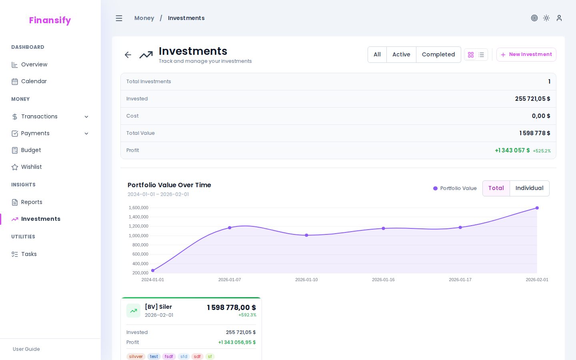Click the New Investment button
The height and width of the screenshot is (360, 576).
[526, 54]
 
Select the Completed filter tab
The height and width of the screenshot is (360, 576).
[438, 54]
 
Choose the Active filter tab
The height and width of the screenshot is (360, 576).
[401, 54]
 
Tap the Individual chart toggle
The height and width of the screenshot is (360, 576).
[529, 188]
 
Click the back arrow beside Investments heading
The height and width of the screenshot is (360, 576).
[128, 55]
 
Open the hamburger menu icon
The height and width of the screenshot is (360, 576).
[119, 18]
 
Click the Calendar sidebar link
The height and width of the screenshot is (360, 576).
[34, 81]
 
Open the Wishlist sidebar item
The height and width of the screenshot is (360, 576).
[31, 167]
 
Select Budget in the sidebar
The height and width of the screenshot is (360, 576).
[31, 150]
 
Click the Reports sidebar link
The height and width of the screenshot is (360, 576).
[31, 202]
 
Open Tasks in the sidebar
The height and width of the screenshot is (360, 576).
[29, 254]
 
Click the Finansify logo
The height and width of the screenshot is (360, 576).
[50, 20]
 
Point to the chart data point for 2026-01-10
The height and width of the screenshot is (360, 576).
[306, 235]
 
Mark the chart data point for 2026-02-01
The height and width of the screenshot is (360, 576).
[537, 208]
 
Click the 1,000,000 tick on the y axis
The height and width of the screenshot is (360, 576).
[138, 236]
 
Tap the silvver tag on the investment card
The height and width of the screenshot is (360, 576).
[136, 356]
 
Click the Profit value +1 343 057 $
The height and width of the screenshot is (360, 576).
[512, 150]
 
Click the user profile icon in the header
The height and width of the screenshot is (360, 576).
[559, 18]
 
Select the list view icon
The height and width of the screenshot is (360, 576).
[481, 55]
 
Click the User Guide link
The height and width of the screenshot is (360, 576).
[26, 349]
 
